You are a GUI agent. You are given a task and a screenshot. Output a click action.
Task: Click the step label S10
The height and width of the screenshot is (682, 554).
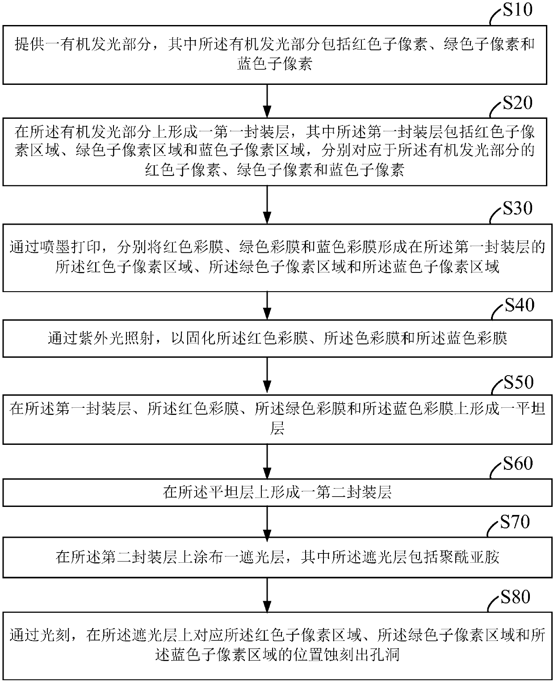coord(517,10)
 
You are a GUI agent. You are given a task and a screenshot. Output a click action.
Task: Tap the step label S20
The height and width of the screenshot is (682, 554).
coord(517,103)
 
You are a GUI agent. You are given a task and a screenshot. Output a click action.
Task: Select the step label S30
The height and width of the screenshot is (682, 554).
coord(517,208)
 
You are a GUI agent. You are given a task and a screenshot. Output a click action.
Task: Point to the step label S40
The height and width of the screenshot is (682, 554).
coord(520,305)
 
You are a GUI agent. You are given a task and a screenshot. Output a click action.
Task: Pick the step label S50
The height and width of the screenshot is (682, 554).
coord(519,382)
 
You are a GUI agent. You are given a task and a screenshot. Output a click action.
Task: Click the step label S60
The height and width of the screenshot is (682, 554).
coord(518,464)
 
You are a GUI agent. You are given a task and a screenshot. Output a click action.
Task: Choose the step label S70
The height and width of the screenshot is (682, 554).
coord(515,521)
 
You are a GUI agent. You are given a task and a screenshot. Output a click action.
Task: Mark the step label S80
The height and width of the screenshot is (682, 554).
coord(515,597)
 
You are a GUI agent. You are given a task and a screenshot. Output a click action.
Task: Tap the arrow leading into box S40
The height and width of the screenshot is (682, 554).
coord(267,305)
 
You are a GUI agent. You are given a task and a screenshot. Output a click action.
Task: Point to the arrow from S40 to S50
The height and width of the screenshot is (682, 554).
coord(267,376)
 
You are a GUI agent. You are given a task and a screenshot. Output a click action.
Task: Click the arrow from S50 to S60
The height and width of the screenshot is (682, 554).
coord(267,461)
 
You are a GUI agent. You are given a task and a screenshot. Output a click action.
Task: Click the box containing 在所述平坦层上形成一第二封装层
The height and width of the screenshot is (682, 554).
coord(275,493)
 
